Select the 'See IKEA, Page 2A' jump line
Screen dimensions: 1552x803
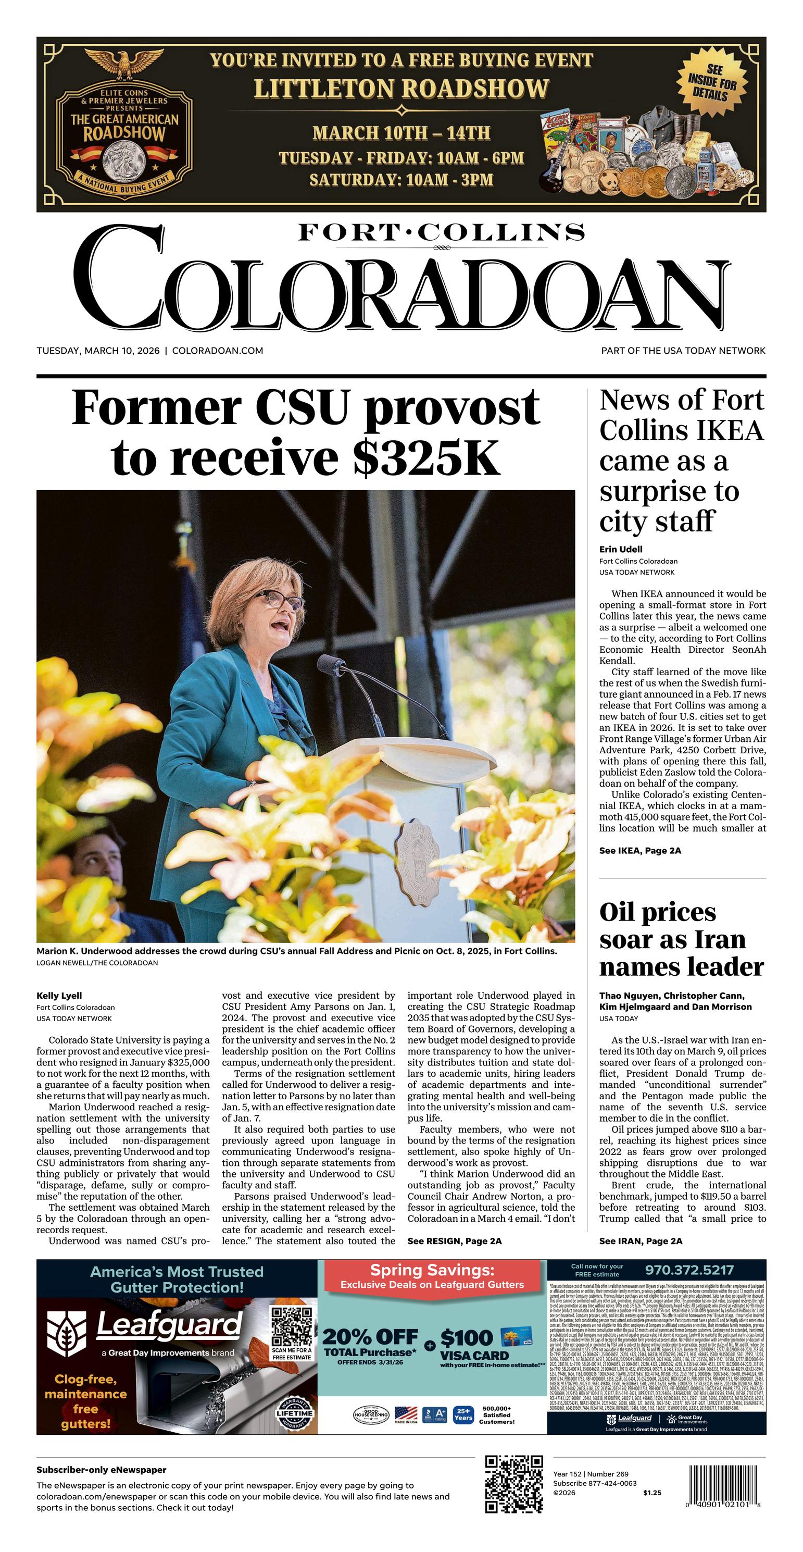click(x=640, y=851)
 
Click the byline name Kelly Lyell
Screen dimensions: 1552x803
click(x=59, y=995)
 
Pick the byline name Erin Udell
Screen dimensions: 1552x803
click(x=620, y=549)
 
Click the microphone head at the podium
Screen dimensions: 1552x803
click(x=331, y=664)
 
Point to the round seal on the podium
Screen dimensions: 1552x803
click(x=416, y=862)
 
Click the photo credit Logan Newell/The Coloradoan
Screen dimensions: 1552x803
click(x=97, y=963)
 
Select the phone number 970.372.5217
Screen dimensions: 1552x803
click(x=689, y=1270)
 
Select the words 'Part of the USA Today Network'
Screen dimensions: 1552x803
click(x=683, y=351)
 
